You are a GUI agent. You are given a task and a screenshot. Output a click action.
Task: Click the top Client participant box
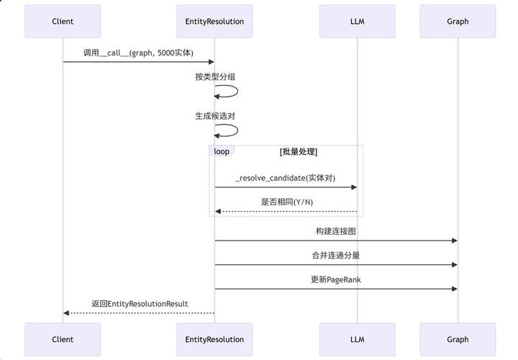pyautogui.click(x=63, y=21)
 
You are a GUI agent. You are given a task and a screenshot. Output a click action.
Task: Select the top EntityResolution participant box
pyautogui.click(x=214, y=21)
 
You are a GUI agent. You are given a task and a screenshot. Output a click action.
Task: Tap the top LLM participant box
pyautogui.click(x=357, y=21)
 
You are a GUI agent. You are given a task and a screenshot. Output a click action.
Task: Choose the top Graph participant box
pyautogui.click(x=458, y=21)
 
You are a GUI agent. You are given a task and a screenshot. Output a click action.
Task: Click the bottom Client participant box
pyautogui.click(x=63, y=339)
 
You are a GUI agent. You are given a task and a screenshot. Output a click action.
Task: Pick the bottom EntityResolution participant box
pyautogui.click(x=214, y=339)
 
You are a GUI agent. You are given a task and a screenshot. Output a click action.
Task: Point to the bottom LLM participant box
pyautogui.click(x=357, y=339)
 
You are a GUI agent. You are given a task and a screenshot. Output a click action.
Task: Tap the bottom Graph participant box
pyautogui.click(x=458, y=339)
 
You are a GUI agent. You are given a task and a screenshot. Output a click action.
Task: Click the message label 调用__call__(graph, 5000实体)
pyautogui.click(x=138, y=53)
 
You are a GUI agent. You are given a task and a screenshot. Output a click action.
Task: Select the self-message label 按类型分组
pyautogui.click(x=214, y=76)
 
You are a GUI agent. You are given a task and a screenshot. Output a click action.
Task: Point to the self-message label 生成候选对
pyautogui.click(x=214, y=115)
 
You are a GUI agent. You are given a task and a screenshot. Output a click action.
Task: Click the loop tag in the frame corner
pyautogui.click(x=221, y=151)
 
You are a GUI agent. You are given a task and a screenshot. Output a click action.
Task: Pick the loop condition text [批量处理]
pyautogui.click(x=299, y=152)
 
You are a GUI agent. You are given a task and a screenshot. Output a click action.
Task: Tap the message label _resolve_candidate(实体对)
pyautogui.click(x=285, y=178)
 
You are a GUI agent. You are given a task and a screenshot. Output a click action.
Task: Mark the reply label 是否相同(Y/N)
pyautogui.click(x=285, y=202)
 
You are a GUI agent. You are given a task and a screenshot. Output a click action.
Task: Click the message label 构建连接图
pyautogui.click(x=336, y=231)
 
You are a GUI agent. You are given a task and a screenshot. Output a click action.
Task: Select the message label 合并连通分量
pyautogui.click(x=336, y=255)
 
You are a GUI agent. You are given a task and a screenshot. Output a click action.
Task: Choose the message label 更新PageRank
pyautogui.click(x=336, y=279)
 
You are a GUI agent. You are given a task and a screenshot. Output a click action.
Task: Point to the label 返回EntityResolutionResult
pyautogui.click(x=140, y=304)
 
